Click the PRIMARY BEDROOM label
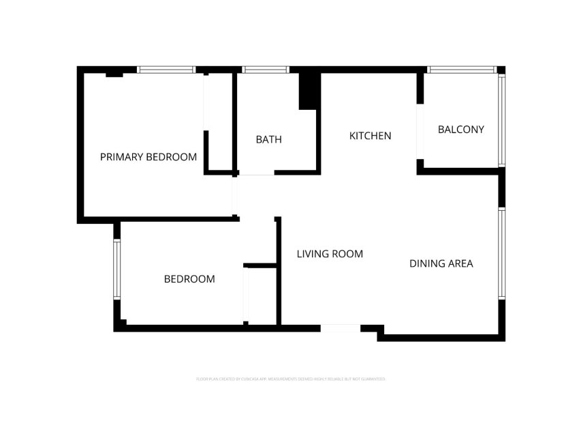(148, 157)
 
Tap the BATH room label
(268, 140)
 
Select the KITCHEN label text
(370, 136)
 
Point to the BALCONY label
(460, 129)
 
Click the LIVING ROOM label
(330, 254)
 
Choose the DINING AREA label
(441, 263)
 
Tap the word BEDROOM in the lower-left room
(189, 279)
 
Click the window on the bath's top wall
(266, 70)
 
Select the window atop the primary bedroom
(167, 70)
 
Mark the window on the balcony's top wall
(462, 70)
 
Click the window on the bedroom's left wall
(116, 269)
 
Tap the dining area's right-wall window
(501, 253)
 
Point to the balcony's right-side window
(501, 120)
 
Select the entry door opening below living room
(340, 329)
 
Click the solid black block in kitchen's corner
(309, 90)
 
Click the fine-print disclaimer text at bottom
(290, 379)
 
